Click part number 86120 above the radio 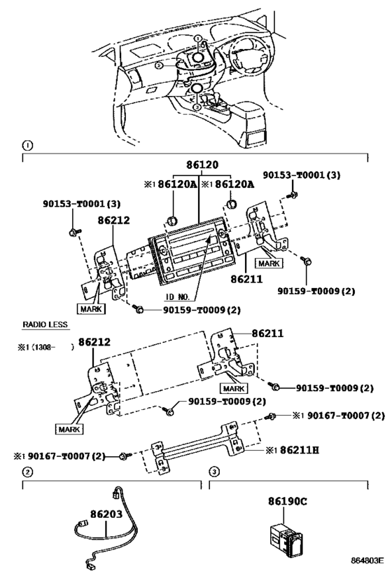[x=203, y=165]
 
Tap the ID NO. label [x=178, y=297]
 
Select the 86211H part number [x=296, y=449]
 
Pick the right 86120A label [x=231, y=185]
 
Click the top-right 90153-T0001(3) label [x=302, y=174]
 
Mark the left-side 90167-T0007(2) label [x=62, y=456]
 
